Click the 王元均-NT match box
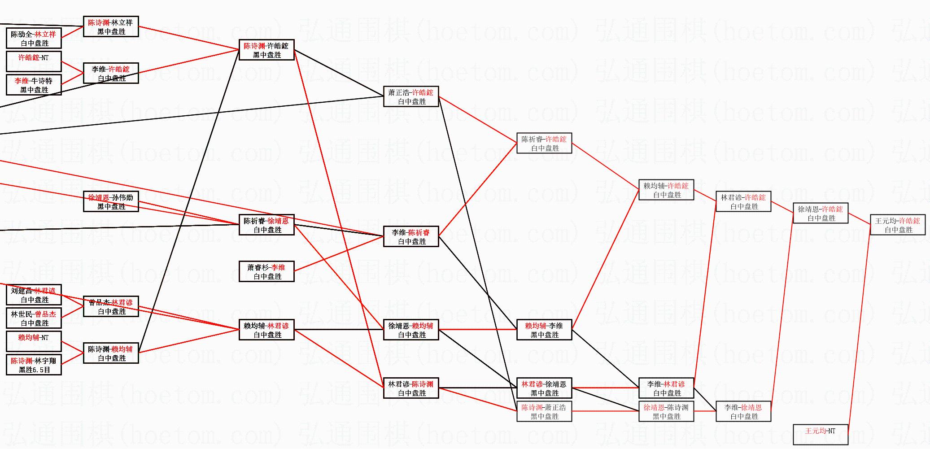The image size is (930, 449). (x=821, y=434)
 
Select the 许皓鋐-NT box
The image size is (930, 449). (x=34, y=61)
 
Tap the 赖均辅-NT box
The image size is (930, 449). (x=34, y=341)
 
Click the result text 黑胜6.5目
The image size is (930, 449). (x=34, y=370)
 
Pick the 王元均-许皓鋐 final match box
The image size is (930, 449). (x=898, y=225)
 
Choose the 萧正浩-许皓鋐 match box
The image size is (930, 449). (x=411, y=96)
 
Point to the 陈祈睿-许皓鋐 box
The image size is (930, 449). (x=544, y=144)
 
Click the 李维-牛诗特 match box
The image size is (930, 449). (x=34, y=85)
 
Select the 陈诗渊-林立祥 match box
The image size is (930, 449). (x=111, y=26)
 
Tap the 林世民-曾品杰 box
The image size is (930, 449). (x=34, y=318)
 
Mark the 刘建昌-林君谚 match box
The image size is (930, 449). (x=34, y=295)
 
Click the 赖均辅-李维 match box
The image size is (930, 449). (x=544, y=330)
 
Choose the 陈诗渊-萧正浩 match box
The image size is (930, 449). (x=544, y=412)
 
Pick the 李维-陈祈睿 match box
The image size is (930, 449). (x=411, y=237)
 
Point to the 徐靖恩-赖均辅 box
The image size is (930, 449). (x=411, y=330)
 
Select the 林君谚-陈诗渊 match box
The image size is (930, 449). (x=411, y=388)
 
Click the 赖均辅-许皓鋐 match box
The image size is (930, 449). (x=666, y=190)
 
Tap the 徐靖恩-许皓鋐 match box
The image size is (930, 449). (x=821, y=214)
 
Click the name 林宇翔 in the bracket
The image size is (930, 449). (x=45, y=361)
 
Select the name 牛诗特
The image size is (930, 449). (x=42, y=81)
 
